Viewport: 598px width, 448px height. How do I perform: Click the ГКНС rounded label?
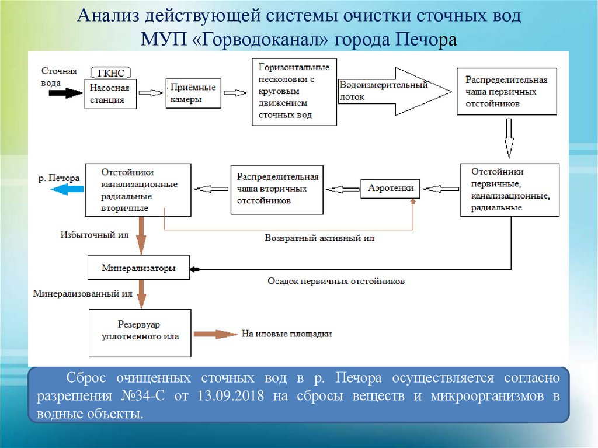point(111,72)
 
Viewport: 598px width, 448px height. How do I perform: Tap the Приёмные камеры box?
point(193,93)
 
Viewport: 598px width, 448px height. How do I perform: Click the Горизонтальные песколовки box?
point(294,92)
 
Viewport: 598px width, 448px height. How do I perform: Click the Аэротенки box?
point(391,188)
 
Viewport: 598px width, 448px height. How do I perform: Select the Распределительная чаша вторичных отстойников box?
point(277,189)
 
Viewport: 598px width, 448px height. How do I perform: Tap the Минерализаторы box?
point(139,269)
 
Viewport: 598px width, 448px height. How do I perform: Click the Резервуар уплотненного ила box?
point(140,332)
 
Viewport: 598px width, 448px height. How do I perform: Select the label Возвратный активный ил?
point(319,238)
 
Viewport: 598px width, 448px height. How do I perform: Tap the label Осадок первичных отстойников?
point(336,282)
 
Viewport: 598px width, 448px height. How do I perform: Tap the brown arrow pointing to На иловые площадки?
point(214,334)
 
